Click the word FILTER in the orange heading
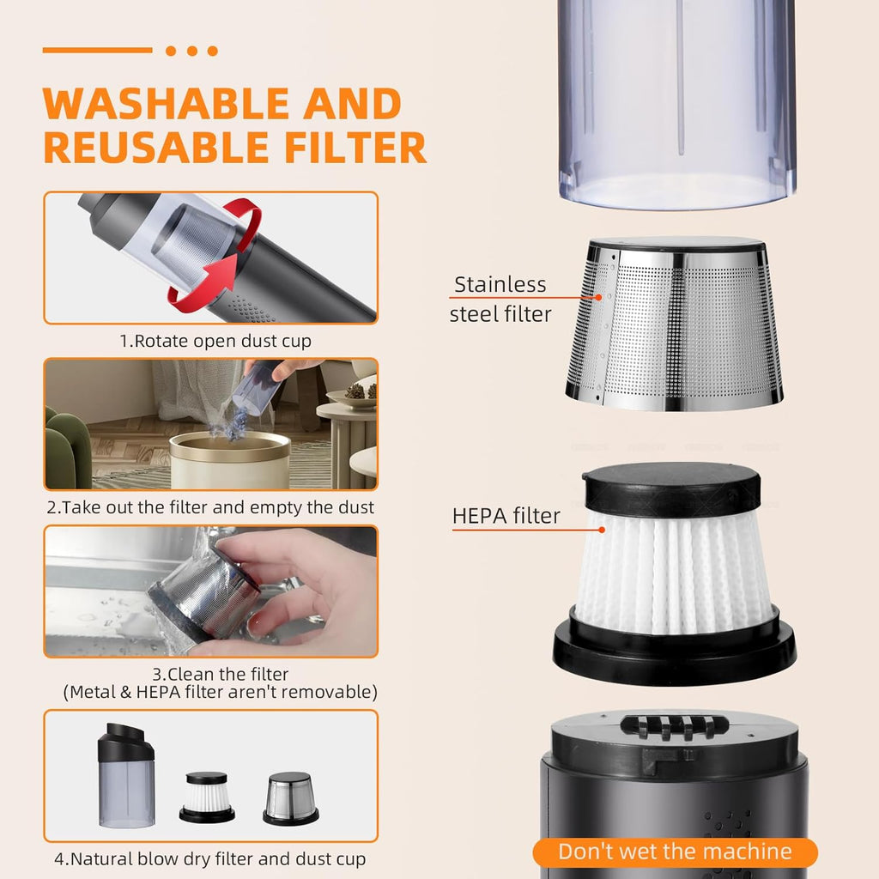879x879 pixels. coord(355,148)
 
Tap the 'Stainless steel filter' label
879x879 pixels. coord(500,299)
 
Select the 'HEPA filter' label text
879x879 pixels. coord(506,516)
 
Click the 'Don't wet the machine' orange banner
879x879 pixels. coord(675,852)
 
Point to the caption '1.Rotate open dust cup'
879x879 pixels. coord(215,341)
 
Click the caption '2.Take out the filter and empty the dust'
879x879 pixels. coord(210,507)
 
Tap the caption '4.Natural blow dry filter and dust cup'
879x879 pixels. coord(210,858)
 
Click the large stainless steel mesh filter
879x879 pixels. coord(674,324)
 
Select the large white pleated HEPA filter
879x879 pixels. coord(674,572)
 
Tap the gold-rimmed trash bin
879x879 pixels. coord(230,460)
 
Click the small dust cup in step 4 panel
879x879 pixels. coord(126,776)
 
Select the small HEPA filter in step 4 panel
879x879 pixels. coord(207,797)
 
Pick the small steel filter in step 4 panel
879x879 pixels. coord(290,798)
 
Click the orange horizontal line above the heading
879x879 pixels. coord(98,51)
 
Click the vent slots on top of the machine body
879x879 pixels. coord(675,726)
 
